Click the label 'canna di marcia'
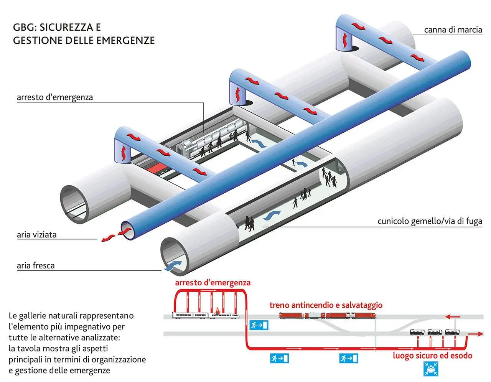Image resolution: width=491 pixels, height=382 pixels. [453, 30]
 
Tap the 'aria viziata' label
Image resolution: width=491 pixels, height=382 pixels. [36, 235]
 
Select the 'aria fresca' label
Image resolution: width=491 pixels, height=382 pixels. [36, 265]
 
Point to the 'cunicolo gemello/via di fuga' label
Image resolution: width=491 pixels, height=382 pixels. [430, 221]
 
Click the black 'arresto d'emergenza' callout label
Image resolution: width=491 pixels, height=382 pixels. [55, 97]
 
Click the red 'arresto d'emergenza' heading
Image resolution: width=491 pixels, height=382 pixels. [213, 283]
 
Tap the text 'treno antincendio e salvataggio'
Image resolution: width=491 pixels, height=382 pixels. [326, 305]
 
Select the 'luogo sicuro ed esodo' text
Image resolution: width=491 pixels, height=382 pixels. [432, 355]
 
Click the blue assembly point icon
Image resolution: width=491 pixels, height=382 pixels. [431, 369]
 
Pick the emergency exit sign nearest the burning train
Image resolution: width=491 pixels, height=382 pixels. [259, 325]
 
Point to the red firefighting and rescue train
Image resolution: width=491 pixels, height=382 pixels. [328, 315]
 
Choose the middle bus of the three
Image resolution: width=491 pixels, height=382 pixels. [435, 332]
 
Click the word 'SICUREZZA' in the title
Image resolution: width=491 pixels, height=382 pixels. [66, 27]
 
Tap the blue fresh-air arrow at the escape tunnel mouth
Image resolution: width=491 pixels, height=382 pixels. [173, 266]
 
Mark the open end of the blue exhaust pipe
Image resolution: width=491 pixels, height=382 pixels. [128, 231]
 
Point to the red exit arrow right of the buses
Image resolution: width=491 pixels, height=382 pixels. [475, 334]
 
